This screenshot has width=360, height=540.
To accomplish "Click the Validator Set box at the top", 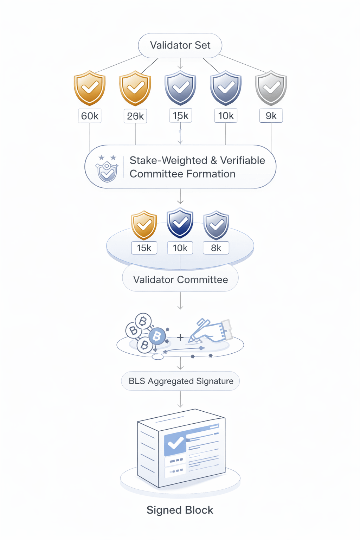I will [x=180, y=45].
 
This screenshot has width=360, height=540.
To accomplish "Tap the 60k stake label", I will [x=90, y=116].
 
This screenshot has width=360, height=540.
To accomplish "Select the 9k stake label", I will [x=271, y=116].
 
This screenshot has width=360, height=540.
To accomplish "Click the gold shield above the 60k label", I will [x=90, y=88].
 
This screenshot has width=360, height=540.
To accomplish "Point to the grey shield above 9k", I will [x=271, y=88].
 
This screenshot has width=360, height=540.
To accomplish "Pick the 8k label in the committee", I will [x=216, y=248].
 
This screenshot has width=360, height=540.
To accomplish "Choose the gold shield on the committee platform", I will [x=144, y=225].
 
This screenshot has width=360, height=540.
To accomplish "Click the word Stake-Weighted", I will [x=168, y=160].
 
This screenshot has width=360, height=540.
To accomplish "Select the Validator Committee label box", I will [x=180, y=279].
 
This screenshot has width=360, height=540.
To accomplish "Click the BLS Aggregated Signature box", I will [x=180, y=381].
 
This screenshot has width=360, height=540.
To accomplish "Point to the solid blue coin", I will [x=157, y=336].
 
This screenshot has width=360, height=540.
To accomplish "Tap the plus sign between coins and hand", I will [x=180, y=337].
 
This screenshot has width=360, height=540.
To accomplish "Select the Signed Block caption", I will [x=180, y=510].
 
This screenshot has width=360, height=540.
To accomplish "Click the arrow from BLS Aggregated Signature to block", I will [x=180, y=399].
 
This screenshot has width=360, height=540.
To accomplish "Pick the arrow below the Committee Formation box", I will [x=180, y=196].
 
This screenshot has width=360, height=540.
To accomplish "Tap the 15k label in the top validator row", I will [x=180, y=116].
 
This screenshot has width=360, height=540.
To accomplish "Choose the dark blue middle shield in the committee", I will [x=180, y=223].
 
